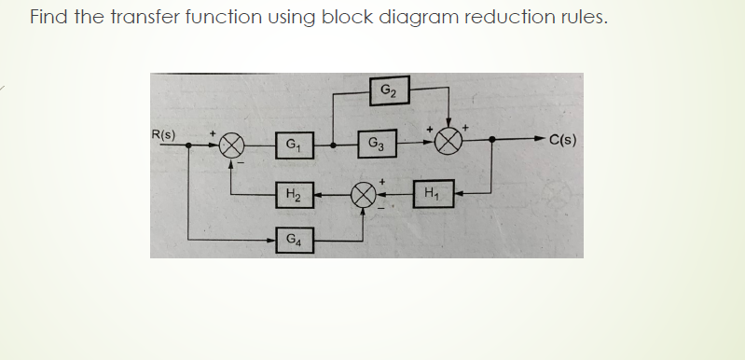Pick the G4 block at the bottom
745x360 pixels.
pos(293,240)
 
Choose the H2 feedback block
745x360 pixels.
pos(293,196)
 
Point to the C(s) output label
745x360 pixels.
pos(562,143)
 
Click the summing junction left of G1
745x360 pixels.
pos(232,145)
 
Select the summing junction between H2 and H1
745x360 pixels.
pos(363,196)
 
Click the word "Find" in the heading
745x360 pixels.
pos(50,18)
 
